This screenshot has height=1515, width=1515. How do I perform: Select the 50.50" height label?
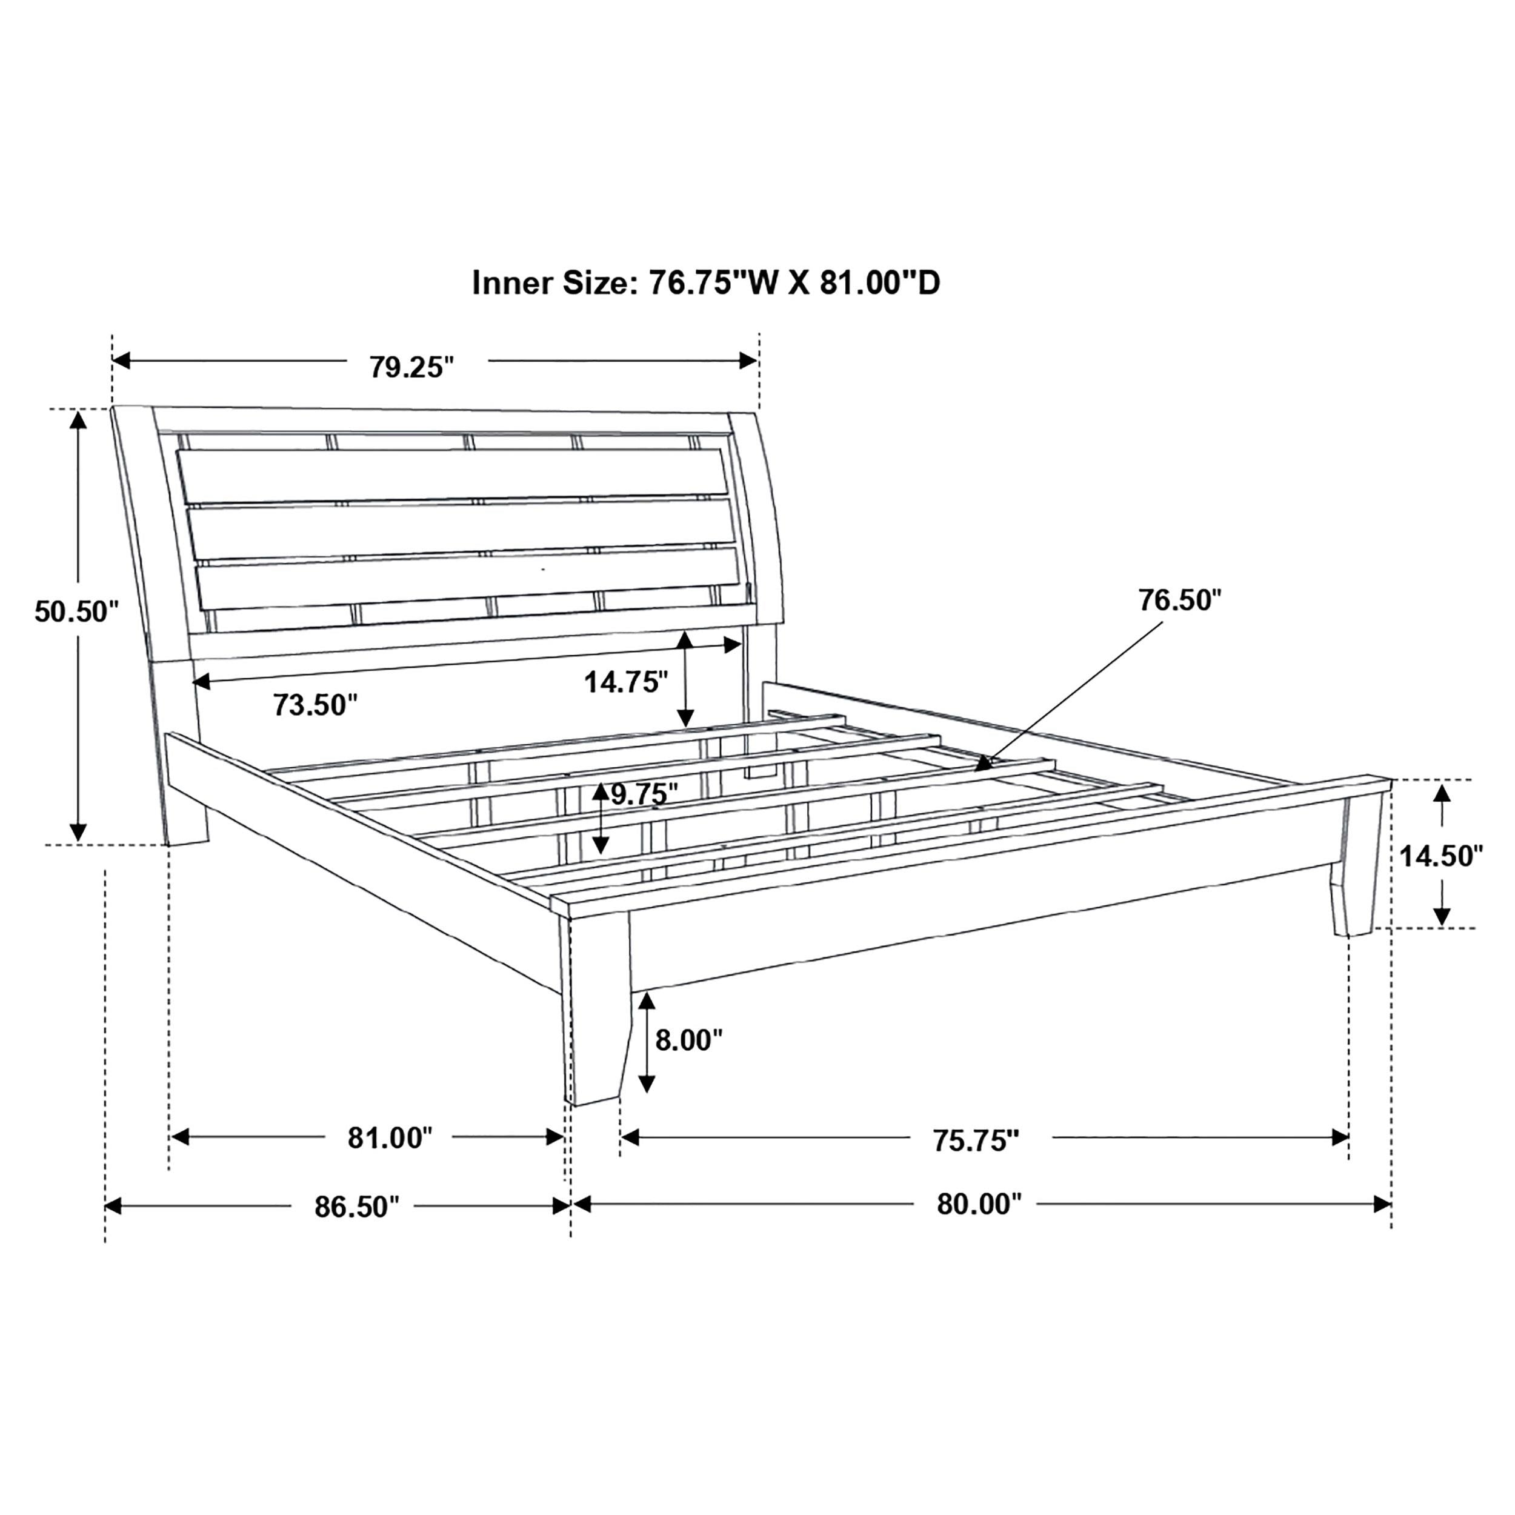(76, 611)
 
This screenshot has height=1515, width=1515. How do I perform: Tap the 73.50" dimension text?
(315, 705)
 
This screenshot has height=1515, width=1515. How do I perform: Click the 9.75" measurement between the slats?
(644, 794)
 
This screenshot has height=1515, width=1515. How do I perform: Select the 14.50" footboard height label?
(1441, 856)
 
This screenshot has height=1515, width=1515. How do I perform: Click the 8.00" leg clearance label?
(688, 1041)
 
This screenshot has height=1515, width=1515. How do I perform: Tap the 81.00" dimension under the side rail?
(390, 1138)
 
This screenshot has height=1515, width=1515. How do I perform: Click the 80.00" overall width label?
(979, 1204)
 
